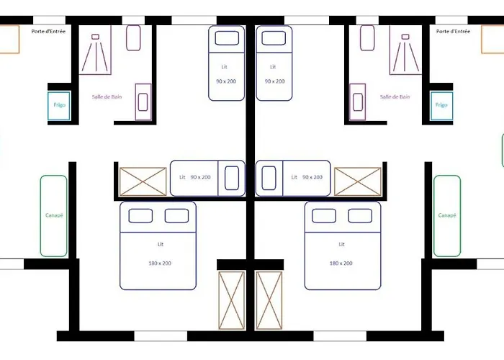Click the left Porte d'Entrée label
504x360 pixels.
48,31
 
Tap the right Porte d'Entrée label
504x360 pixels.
453,31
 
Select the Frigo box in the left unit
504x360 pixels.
59,106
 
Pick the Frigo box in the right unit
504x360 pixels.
441,106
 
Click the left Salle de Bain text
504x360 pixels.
107,96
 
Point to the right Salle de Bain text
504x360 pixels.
395,96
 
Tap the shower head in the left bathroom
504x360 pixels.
95,37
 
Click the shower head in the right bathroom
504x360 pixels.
405,37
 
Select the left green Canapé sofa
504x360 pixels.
54,216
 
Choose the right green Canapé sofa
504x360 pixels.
447,216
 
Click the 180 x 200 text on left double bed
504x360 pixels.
160,264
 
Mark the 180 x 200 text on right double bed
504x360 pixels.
341,264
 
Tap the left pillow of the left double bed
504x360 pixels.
140,216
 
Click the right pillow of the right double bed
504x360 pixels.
360,216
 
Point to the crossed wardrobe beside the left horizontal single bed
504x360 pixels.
143,181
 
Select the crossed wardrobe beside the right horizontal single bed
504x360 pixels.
358,181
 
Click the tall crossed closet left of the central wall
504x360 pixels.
231,300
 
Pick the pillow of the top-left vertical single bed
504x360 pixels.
227,38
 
